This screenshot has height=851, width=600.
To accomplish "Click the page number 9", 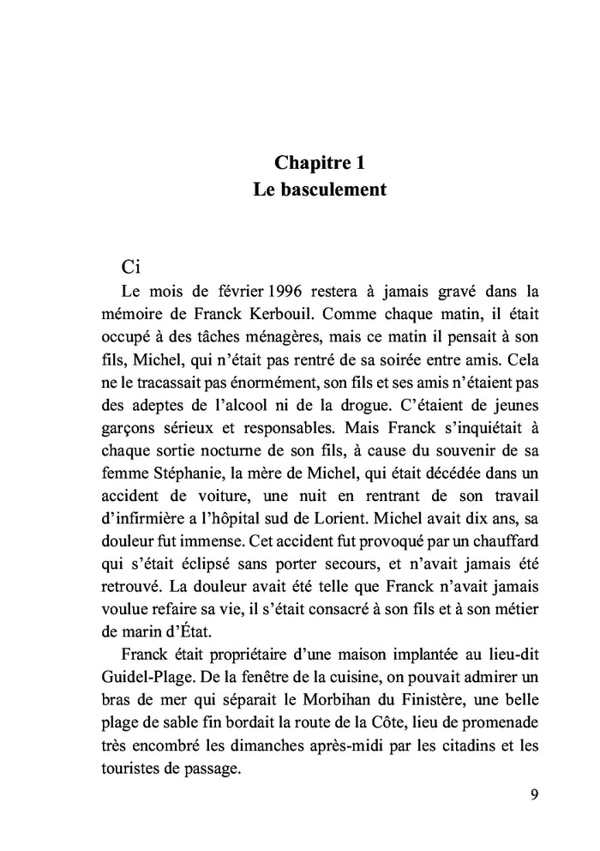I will (x=535, y=793).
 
